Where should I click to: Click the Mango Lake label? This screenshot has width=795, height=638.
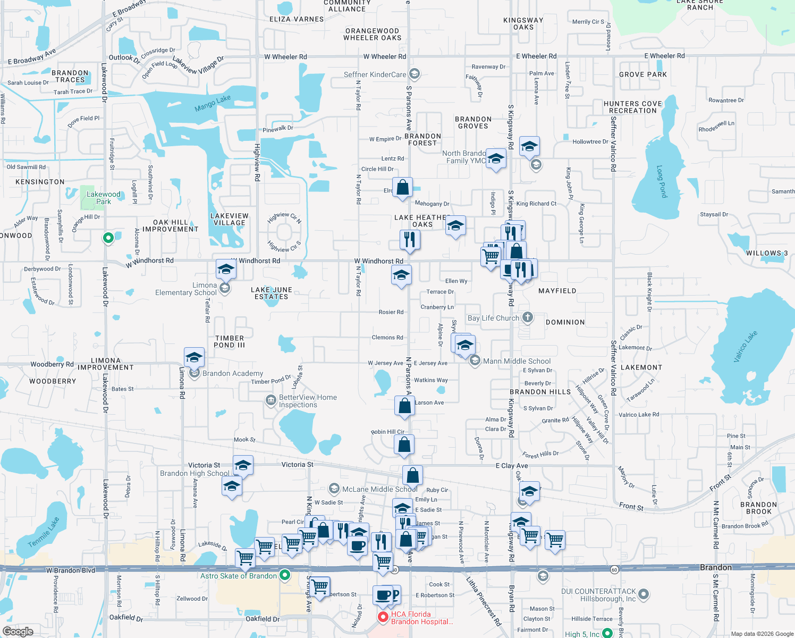pyautogui.click(x=213, y=103)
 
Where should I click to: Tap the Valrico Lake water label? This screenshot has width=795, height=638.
pyautogui.click(x=745, y=347)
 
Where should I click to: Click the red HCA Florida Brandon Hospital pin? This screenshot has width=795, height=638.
pyautogui.click(x=383, y=617)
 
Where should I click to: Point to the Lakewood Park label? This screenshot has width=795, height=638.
pyautogui.click(x=104, y=198)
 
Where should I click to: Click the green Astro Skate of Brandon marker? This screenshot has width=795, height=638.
pyautogui.click(x=285, y=575)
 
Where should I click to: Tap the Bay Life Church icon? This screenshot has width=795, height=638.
pyautogui.click(x=527, y=317)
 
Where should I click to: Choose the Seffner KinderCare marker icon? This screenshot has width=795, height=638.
pyautogui.click(x=415, y=74)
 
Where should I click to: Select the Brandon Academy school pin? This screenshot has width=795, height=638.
pyautogui.click(x=194, y=373)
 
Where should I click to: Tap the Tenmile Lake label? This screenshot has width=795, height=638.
pyautogui.click(x=44, y=532)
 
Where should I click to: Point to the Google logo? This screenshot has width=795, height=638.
pyautogui.click(x=18, y=631)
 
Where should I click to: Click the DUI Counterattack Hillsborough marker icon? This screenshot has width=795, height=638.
pyautogui.click(x=643, y=594)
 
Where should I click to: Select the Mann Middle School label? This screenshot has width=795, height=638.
pyautogui.click(x=517, y=361)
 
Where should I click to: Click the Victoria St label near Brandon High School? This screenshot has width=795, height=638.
pyautogui.click(x=204, y=465)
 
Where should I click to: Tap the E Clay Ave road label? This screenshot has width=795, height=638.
pyautogui.click(x=511, y=466)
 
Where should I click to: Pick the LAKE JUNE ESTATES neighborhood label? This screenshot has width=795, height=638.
pyautogui.click(x=272, y=293)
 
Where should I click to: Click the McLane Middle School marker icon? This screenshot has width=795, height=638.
pyautogui.click(x=334, y=489)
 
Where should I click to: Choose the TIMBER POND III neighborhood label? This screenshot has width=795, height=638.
pyautogui.click(x=230, y=341)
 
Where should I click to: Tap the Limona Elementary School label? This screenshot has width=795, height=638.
pyautogui.click(x=186, y=289)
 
